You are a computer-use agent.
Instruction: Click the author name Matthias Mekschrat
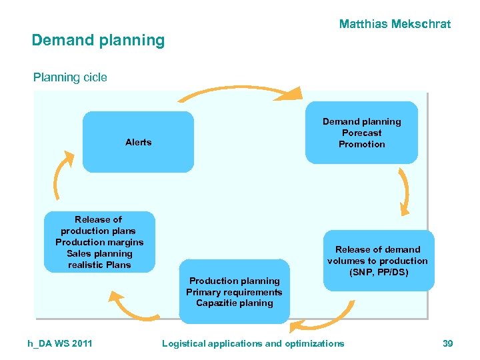pos(395,24)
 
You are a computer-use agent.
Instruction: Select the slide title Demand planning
pos(98,40)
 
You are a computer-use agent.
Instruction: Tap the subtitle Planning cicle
pos(70,77)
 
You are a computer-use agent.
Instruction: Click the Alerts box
pos(138,142)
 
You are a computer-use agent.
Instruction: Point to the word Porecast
pos(361,133)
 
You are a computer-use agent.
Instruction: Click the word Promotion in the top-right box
pos(361,144)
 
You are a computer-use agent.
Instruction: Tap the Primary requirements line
pos(234,292)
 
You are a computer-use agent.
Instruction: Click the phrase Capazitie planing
pos(234,303)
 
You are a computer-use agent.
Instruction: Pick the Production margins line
pos(99,242)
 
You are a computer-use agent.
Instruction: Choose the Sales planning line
pos(99,253)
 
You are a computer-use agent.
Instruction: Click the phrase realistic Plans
pos(99,265)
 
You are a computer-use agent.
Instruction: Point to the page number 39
pos(447,343)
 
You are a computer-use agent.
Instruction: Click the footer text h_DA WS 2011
pos(60,343)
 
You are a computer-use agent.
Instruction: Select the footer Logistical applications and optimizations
pos(253,343)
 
